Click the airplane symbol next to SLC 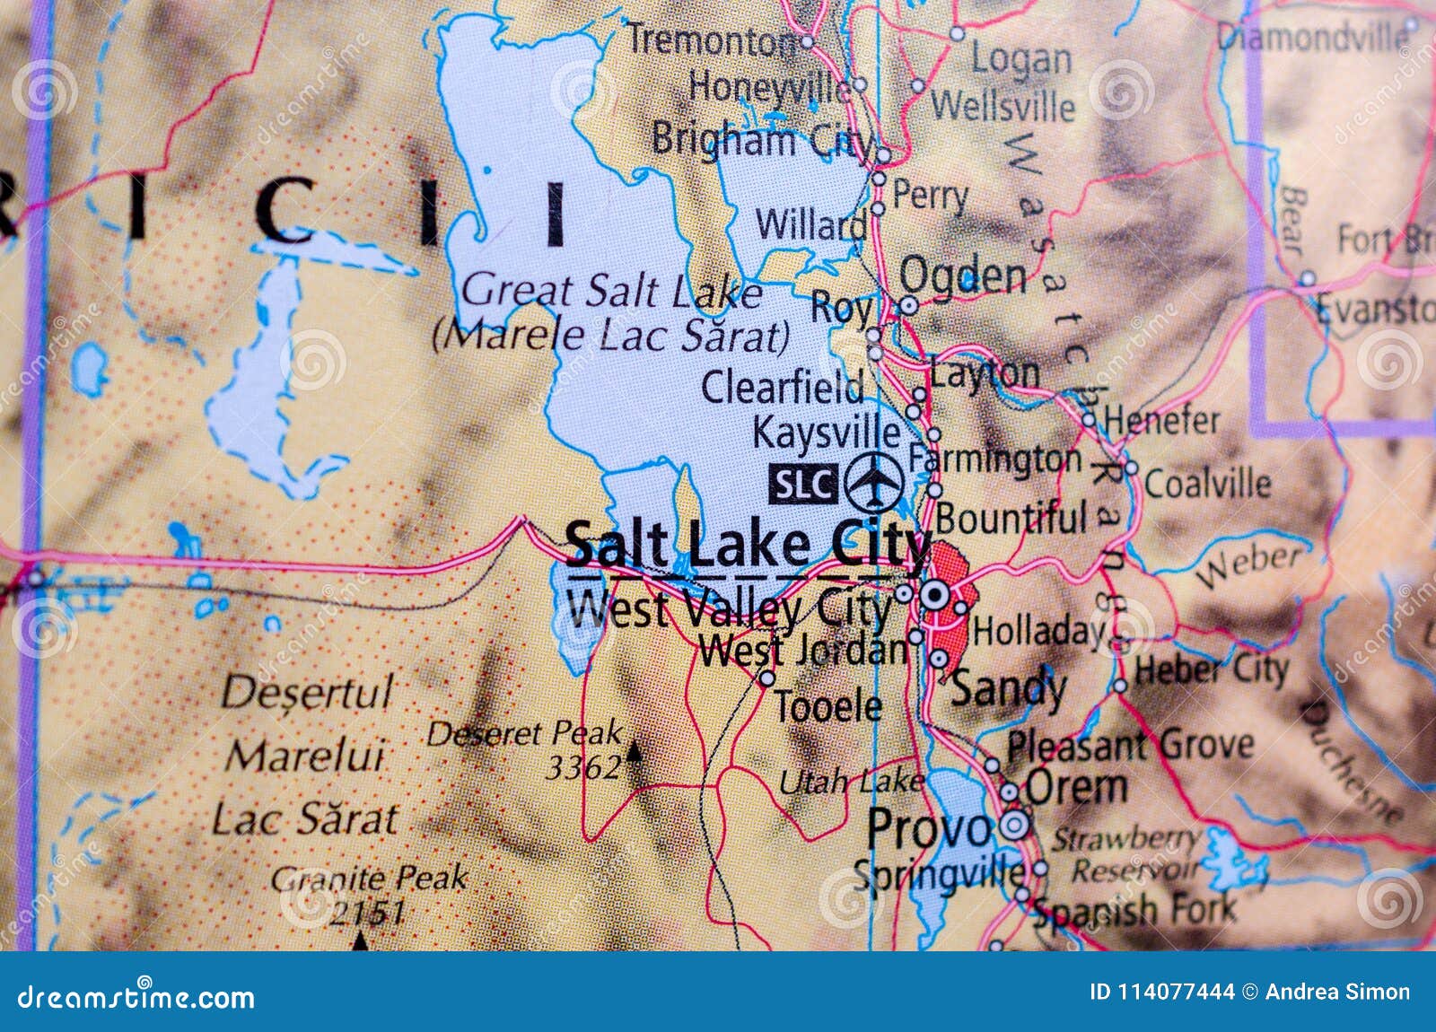[873, 482]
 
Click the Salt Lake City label [748, 545]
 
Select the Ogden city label [963, 275]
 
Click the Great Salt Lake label [611, 292]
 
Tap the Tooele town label [827, 707]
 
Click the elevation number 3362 [583, 767]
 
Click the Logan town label [1021, 60]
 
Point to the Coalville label [1207, 485]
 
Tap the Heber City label [1211, 669]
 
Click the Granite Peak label [369, 878]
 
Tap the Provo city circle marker [1014, 825]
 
